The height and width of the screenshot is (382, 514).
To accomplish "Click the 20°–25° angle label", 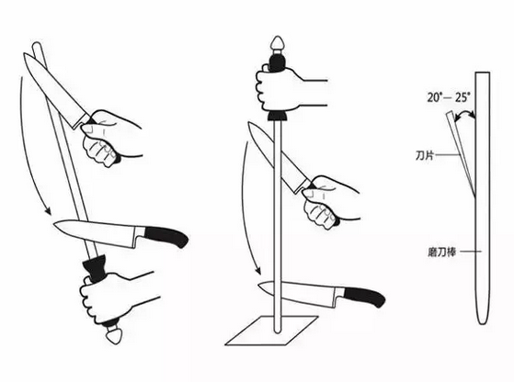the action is (x=449, y=97).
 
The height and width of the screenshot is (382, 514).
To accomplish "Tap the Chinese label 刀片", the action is (x=425, y=155).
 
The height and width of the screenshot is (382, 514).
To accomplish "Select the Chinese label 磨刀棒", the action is (x=442, y=252).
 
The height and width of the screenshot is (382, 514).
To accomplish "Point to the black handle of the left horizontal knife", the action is (x=166, y=236).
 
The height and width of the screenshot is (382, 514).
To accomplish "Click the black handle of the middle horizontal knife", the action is (x=364, y=297).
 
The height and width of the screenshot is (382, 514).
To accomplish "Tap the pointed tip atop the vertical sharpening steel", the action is (x=278, y=42).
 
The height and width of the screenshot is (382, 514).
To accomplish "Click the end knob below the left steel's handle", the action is (x=114, y=335).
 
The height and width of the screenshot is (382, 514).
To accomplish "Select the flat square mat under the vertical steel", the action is (x=271, y=331).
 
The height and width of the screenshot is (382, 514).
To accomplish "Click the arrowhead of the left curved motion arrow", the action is (x=48, y=211).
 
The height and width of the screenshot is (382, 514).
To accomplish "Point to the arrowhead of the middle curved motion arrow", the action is (x=258, y=271).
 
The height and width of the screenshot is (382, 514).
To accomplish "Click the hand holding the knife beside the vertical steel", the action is (x=329, y=202).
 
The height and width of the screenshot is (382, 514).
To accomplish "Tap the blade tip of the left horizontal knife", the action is (x=54, y=224).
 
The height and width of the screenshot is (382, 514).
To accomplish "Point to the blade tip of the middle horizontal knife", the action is (x=259, y=285).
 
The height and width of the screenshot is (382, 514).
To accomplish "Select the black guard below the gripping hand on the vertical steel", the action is (x=278, y=115).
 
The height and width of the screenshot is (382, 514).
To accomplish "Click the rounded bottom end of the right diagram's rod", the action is (x=483, y=321).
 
